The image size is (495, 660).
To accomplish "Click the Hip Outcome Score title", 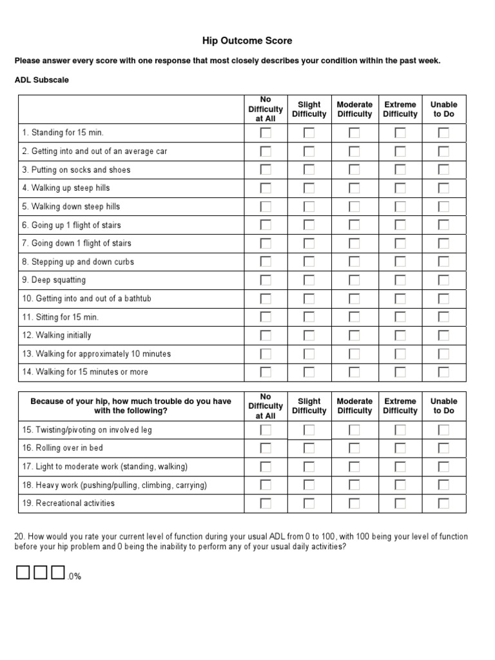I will tap(247, 41).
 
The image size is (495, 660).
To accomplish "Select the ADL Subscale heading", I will tap(42, 81).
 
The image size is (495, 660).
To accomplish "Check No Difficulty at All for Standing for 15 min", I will tap(266, 133).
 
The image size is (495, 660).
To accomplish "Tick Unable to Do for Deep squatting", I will tap(443, 280).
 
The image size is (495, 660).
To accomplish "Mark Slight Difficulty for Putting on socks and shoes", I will tap(309, 170).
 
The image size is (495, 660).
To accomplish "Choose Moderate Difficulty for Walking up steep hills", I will tap(354, 188).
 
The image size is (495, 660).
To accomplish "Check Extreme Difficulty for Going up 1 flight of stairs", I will tap(400, 226).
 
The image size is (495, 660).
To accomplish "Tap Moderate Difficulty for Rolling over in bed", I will tap(354, 448).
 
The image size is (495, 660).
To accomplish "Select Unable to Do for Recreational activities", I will tap(443, 503).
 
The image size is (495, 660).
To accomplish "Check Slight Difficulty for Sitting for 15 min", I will tap(309, 317).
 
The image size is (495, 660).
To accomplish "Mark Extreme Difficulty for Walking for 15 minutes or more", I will tap(400, 372).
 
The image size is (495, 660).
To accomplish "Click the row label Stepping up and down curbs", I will tap(78, 262).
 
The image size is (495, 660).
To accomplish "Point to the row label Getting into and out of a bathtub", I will tap(87, 299).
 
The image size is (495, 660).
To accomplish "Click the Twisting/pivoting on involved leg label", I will tap(87, 430).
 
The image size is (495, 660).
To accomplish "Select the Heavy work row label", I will tap(114, 485).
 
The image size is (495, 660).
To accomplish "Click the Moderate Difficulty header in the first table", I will tap(354, 109).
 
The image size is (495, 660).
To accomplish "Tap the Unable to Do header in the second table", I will tap(443, 405).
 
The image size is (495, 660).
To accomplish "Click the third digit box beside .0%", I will tap(58, 572).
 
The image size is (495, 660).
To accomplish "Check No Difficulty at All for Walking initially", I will tap(266, 336).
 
